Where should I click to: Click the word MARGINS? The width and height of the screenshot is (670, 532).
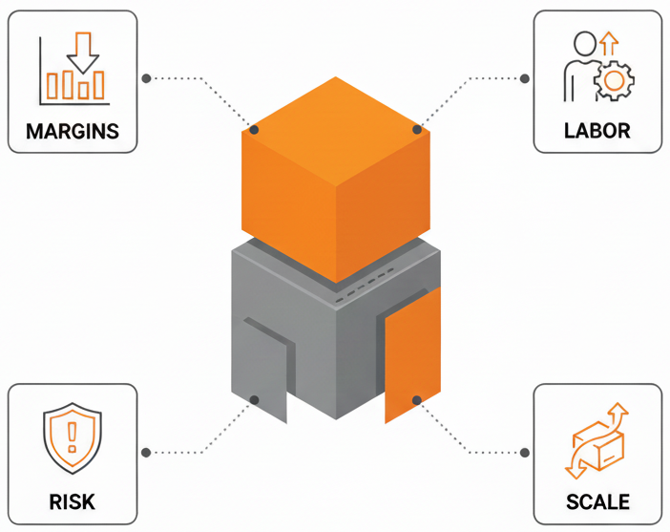click(73, 131)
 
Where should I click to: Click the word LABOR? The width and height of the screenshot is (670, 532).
click(597, 131)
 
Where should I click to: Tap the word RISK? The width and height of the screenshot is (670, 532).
click(72, 501)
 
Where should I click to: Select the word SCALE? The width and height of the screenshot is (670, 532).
click(597, 501)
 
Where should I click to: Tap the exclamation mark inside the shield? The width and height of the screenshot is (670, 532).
click(72, 438)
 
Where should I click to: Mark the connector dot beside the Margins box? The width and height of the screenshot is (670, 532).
click(146, 77)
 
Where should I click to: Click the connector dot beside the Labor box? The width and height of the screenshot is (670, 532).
click(524, 77)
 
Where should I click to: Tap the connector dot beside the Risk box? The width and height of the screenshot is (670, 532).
click(146, 452)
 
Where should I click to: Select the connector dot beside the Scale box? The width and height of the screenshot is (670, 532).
click(524, 452)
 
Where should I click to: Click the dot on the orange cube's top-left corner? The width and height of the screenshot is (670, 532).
click(255, 129)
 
